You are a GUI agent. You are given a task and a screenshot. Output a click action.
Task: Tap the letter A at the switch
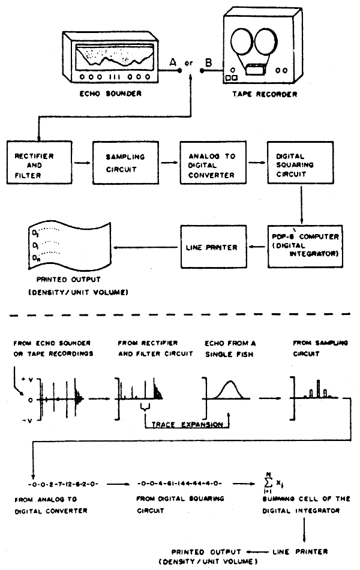(x=173, y=61)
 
